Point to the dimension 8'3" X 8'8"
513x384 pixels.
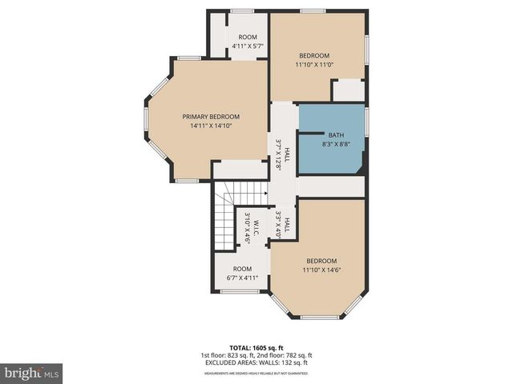[x=331, y=145]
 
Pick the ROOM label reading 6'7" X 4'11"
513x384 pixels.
[x=242, y=270]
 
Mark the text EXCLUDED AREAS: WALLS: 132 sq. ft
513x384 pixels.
[x=256, y=362]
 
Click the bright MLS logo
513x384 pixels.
[x=32, y=373]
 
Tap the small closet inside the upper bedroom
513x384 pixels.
[x=348, y=90]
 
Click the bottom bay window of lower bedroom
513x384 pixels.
[x=319, y=318]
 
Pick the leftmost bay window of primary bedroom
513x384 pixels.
[x=146, y=128]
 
